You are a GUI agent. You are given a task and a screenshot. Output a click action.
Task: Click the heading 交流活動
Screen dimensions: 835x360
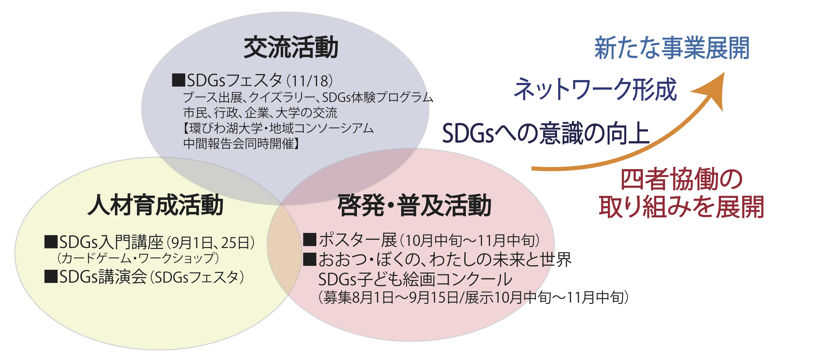291,48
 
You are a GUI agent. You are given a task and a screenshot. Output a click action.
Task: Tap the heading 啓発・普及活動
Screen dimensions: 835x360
414,205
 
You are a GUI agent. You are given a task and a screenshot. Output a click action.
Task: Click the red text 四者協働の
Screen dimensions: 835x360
681,179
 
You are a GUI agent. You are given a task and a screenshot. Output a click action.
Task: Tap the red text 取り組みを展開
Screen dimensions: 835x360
681,207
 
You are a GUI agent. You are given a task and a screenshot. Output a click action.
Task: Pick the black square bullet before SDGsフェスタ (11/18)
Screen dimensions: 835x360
178,80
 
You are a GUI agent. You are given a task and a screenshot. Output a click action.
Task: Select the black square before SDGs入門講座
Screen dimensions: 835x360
51,242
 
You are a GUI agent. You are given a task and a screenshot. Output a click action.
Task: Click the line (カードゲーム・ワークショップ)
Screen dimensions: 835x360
138,258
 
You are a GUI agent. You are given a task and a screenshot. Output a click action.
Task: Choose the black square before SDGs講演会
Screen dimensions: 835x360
51,276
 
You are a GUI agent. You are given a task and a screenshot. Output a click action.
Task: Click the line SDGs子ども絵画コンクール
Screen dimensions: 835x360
415,279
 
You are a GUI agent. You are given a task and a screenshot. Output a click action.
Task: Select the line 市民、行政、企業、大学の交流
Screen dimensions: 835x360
260,113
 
